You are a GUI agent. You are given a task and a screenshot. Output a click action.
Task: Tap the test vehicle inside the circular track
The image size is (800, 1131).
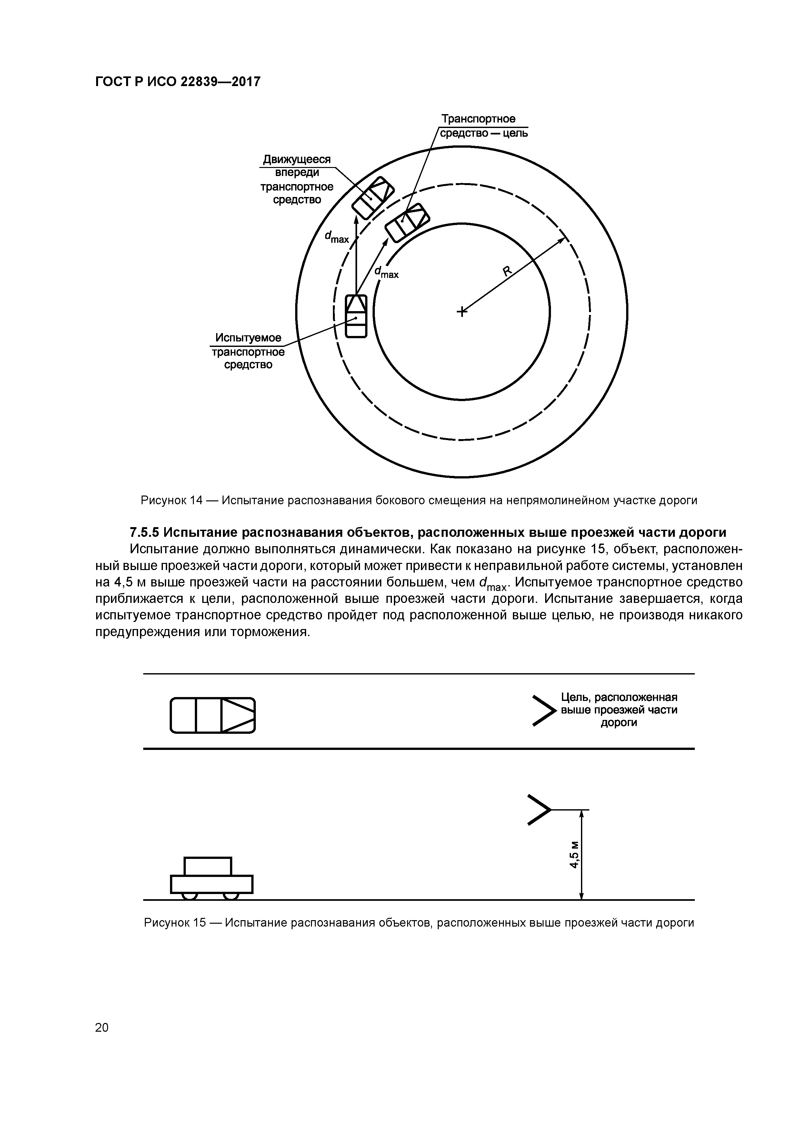(x=356, y=316)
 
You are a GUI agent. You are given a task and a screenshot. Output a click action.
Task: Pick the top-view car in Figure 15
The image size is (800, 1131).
(x=213, y=715)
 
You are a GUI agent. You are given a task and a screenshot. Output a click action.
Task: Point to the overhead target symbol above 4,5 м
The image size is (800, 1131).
(x=539, y=809)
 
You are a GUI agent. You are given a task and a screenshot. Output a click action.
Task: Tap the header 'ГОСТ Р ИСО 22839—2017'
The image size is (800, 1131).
(x=177, y=82)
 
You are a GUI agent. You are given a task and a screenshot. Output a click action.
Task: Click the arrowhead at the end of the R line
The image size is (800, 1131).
(x=562, y=240)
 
